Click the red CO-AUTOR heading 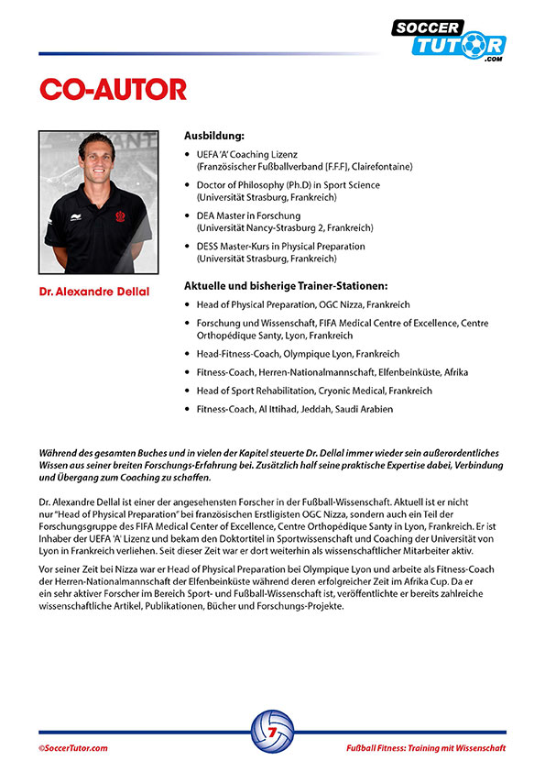(113, 89)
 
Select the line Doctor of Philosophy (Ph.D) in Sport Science (288, 185)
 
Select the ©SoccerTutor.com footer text (73, 748)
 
